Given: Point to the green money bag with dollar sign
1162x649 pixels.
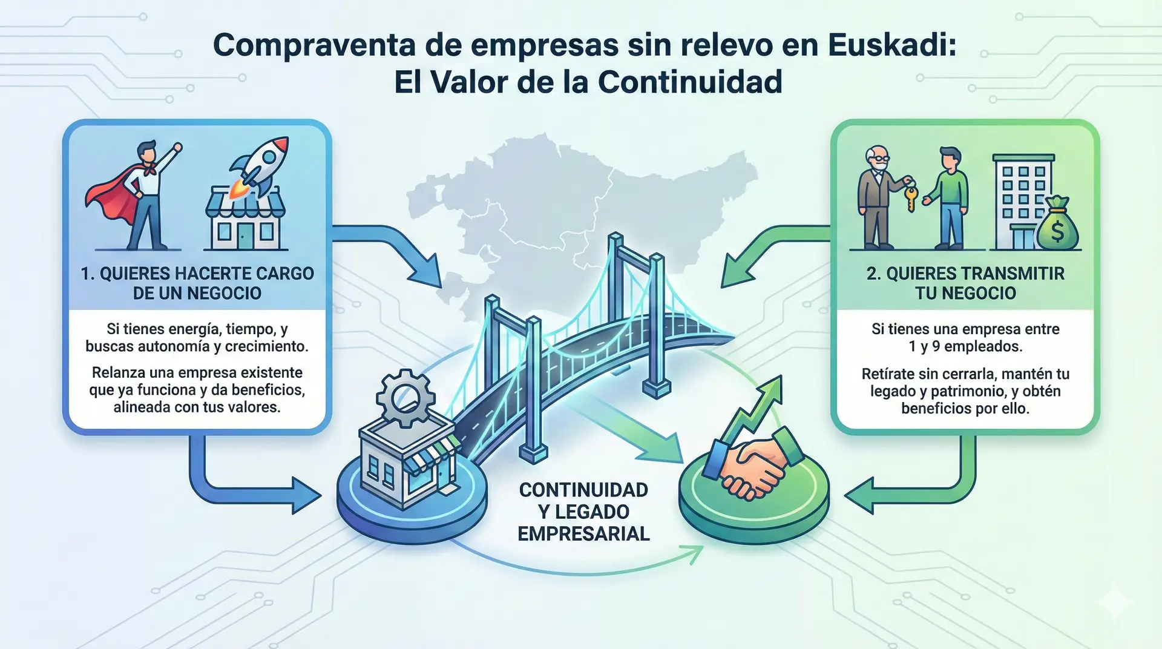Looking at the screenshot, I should [1057, 225].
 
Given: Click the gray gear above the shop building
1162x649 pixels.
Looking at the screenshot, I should [405, 397].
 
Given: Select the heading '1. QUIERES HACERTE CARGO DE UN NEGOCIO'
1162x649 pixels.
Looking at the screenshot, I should [197, 283].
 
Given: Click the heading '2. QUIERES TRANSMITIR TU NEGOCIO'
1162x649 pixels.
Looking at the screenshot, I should [965, 283].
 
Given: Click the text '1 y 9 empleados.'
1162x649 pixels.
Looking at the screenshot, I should [965, 347].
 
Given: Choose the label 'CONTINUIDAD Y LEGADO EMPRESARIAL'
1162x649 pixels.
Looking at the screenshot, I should [583, 512].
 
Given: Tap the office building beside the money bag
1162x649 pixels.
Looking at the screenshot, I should [1022, 200].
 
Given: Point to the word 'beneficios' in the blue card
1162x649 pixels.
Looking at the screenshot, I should [267, 390].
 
